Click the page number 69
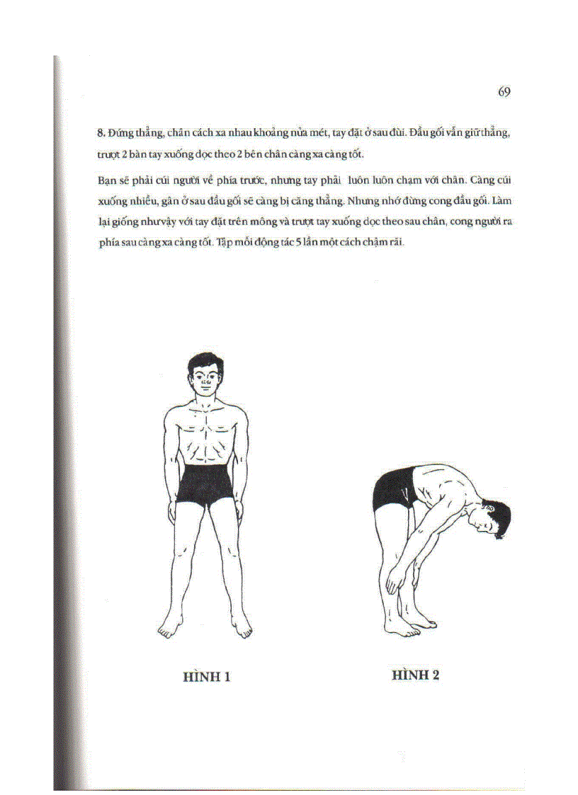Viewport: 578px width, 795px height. pyautogui.click(x=504, y=92)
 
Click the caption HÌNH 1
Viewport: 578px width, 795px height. pyautogui.click(x=207, y=677)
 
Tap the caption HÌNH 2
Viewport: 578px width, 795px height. pyautogui.click(x=416, y=675)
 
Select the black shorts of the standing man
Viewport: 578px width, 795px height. pyautogui.click(x=205, y=484)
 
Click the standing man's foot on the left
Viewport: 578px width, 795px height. pyautogui.click(x=170, y=628)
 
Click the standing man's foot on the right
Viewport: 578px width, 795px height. pyautogui.click(x=242, y=628)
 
